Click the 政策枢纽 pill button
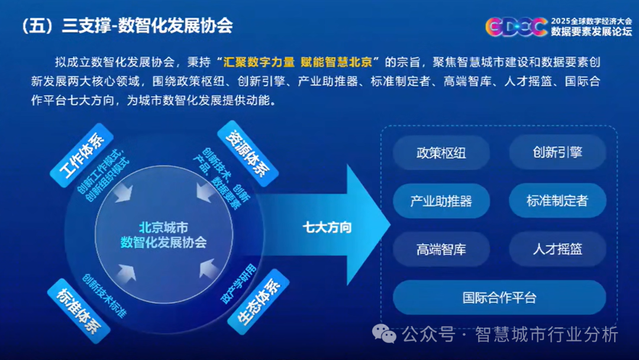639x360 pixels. point(441,153)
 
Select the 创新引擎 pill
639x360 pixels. point(557,152)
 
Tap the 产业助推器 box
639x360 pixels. point(441,201)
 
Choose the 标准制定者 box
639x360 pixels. point(557,200)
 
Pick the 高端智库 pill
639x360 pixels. point(441,249)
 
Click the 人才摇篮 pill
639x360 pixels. point(557,249)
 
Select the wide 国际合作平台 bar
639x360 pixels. point(499,297)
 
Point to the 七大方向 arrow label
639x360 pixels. point(327,227)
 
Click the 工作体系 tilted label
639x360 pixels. point(82,155)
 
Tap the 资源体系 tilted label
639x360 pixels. point(248,154)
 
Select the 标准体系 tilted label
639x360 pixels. point(79,311)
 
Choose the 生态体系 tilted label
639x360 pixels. point(259,302)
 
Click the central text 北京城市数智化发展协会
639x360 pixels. point(163,235)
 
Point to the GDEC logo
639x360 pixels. point(517,27)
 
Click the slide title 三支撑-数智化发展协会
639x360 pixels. point(147,26)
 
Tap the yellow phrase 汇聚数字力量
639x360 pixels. point(259,62)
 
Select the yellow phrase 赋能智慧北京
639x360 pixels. point(336,62)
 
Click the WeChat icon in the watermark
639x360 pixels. point(384,334)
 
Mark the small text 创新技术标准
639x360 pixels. point(104,296)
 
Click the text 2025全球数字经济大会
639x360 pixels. point(591,21)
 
